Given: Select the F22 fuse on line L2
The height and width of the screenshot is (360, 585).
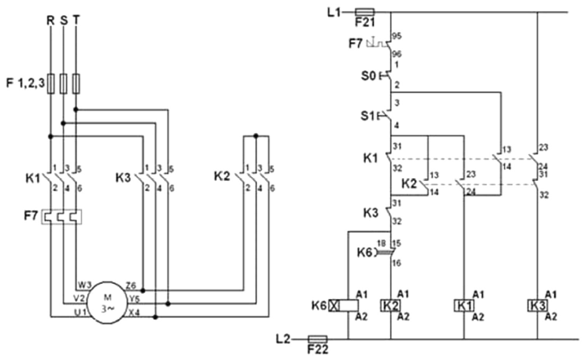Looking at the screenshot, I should pyautogui.click(x=319, y=341).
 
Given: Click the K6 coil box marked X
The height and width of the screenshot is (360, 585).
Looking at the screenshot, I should pyautogui.click(x=341, y=304).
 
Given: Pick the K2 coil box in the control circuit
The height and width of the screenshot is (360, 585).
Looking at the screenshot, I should pyautogui.click(x=391, y=304).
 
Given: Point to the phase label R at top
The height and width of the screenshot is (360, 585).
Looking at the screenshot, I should pyautogui.click(x=50, y=17).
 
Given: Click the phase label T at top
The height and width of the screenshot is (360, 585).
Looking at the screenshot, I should pyautogui.click(x=77, y=17).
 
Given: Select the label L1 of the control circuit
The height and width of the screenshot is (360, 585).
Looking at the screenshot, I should pyautogui.click(x=335, y=13).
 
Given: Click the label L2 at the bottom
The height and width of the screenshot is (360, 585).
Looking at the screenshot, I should pyautogui.click(x=285, y=339).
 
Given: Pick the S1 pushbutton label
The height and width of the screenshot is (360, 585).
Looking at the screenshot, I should pyautogui.click(x=367, y=114).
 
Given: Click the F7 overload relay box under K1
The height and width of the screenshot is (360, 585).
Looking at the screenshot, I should pyautogui.click(x=64, y=218).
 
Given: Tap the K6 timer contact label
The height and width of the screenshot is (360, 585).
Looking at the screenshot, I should pyautogui.click(x=366, y=252).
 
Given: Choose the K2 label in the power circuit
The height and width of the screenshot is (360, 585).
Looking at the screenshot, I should pyautogui.click(x=223, y=177).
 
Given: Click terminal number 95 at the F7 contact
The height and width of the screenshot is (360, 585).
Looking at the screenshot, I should pyautogui.click(x=397, y=36).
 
